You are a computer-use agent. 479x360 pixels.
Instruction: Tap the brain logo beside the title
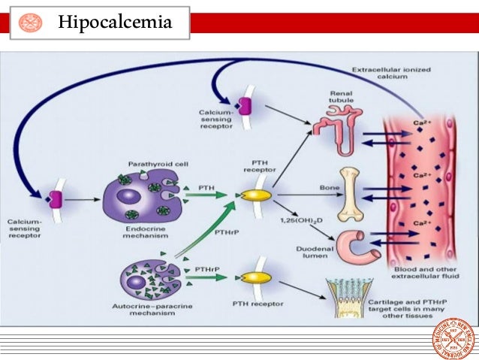click(31, 23)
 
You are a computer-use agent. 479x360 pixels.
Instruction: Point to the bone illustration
click(350, 194)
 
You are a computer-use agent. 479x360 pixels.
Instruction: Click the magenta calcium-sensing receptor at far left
click(54, 199)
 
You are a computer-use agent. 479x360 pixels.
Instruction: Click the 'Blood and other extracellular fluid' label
click(426, 273)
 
